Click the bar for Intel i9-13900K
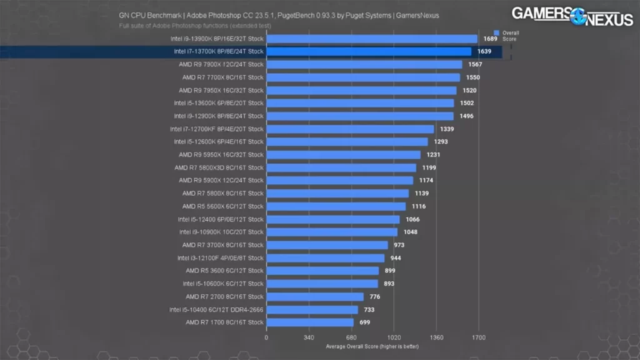coord(372,39)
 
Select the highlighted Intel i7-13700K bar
coord(369,51)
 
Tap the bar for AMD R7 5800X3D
coord(341,167)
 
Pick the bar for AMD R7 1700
coord(310,322)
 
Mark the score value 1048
coord(411,232)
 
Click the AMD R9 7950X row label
coord(221,90)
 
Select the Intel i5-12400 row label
coord(221,219)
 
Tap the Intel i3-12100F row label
coord(220,258)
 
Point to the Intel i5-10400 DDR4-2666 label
coord(216,309)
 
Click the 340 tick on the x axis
coord(309,337)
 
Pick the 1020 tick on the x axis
coord(394,337)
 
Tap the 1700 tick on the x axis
coord(479,337)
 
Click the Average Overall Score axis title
coord(372,346)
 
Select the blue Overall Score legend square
coord(496,32)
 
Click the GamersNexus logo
coord(572,15)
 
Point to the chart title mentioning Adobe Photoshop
coord(279,16)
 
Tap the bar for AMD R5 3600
coord(322,271)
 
